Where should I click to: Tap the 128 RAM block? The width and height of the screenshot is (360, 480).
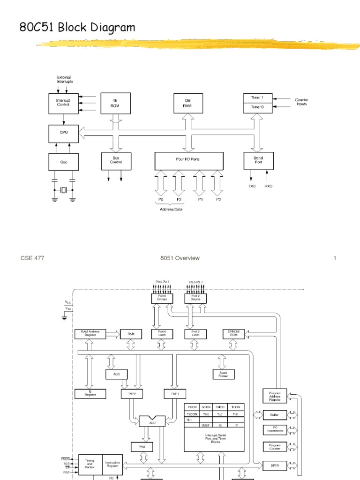tap(187, 103)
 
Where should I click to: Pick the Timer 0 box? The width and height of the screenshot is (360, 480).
tap(258, 108)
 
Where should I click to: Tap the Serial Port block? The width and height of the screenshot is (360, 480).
tap(258, 160)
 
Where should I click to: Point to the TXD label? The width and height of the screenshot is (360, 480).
tap(252, 186)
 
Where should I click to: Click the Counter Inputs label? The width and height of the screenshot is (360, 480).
tap(301, 102)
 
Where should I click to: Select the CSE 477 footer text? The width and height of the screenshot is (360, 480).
tap(32, 258)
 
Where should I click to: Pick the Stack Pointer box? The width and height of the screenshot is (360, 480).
tap(223, 374)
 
